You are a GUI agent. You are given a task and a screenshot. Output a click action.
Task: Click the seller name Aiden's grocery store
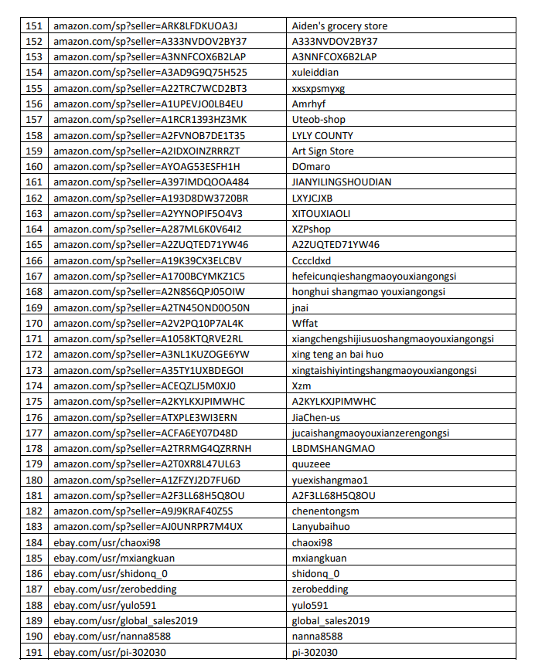339,26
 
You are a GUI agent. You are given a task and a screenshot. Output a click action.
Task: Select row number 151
34,26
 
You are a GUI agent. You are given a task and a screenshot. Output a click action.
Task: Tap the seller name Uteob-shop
319,120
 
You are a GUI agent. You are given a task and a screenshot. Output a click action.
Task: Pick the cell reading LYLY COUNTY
322,136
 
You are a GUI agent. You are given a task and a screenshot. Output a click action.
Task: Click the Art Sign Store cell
322,151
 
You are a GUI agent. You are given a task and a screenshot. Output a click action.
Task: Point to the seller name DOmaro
311,167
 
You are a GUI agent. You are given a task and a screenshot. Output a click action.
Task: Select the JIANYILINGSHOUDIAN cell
341,182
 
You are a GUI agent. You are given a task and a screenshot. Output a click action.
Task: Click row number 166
34,261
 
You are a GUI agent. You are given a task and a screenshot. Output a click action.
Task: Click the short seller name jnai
301,307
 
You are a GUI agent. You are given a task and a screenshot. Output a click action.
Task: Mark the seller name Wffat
305,324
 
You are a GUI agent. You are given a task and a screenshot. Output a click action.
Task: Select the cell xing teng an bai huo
337,355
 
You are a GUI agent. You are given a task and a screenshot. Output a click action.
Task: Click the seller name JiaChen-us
316,417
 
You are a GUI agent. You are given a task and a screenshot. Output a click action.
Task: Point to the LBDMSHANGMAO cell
333,449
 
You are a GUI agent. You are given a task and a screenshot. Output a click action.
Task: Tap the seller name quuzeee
311,464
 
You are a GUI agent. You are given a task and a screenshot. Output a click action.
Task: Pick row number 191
34,652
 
